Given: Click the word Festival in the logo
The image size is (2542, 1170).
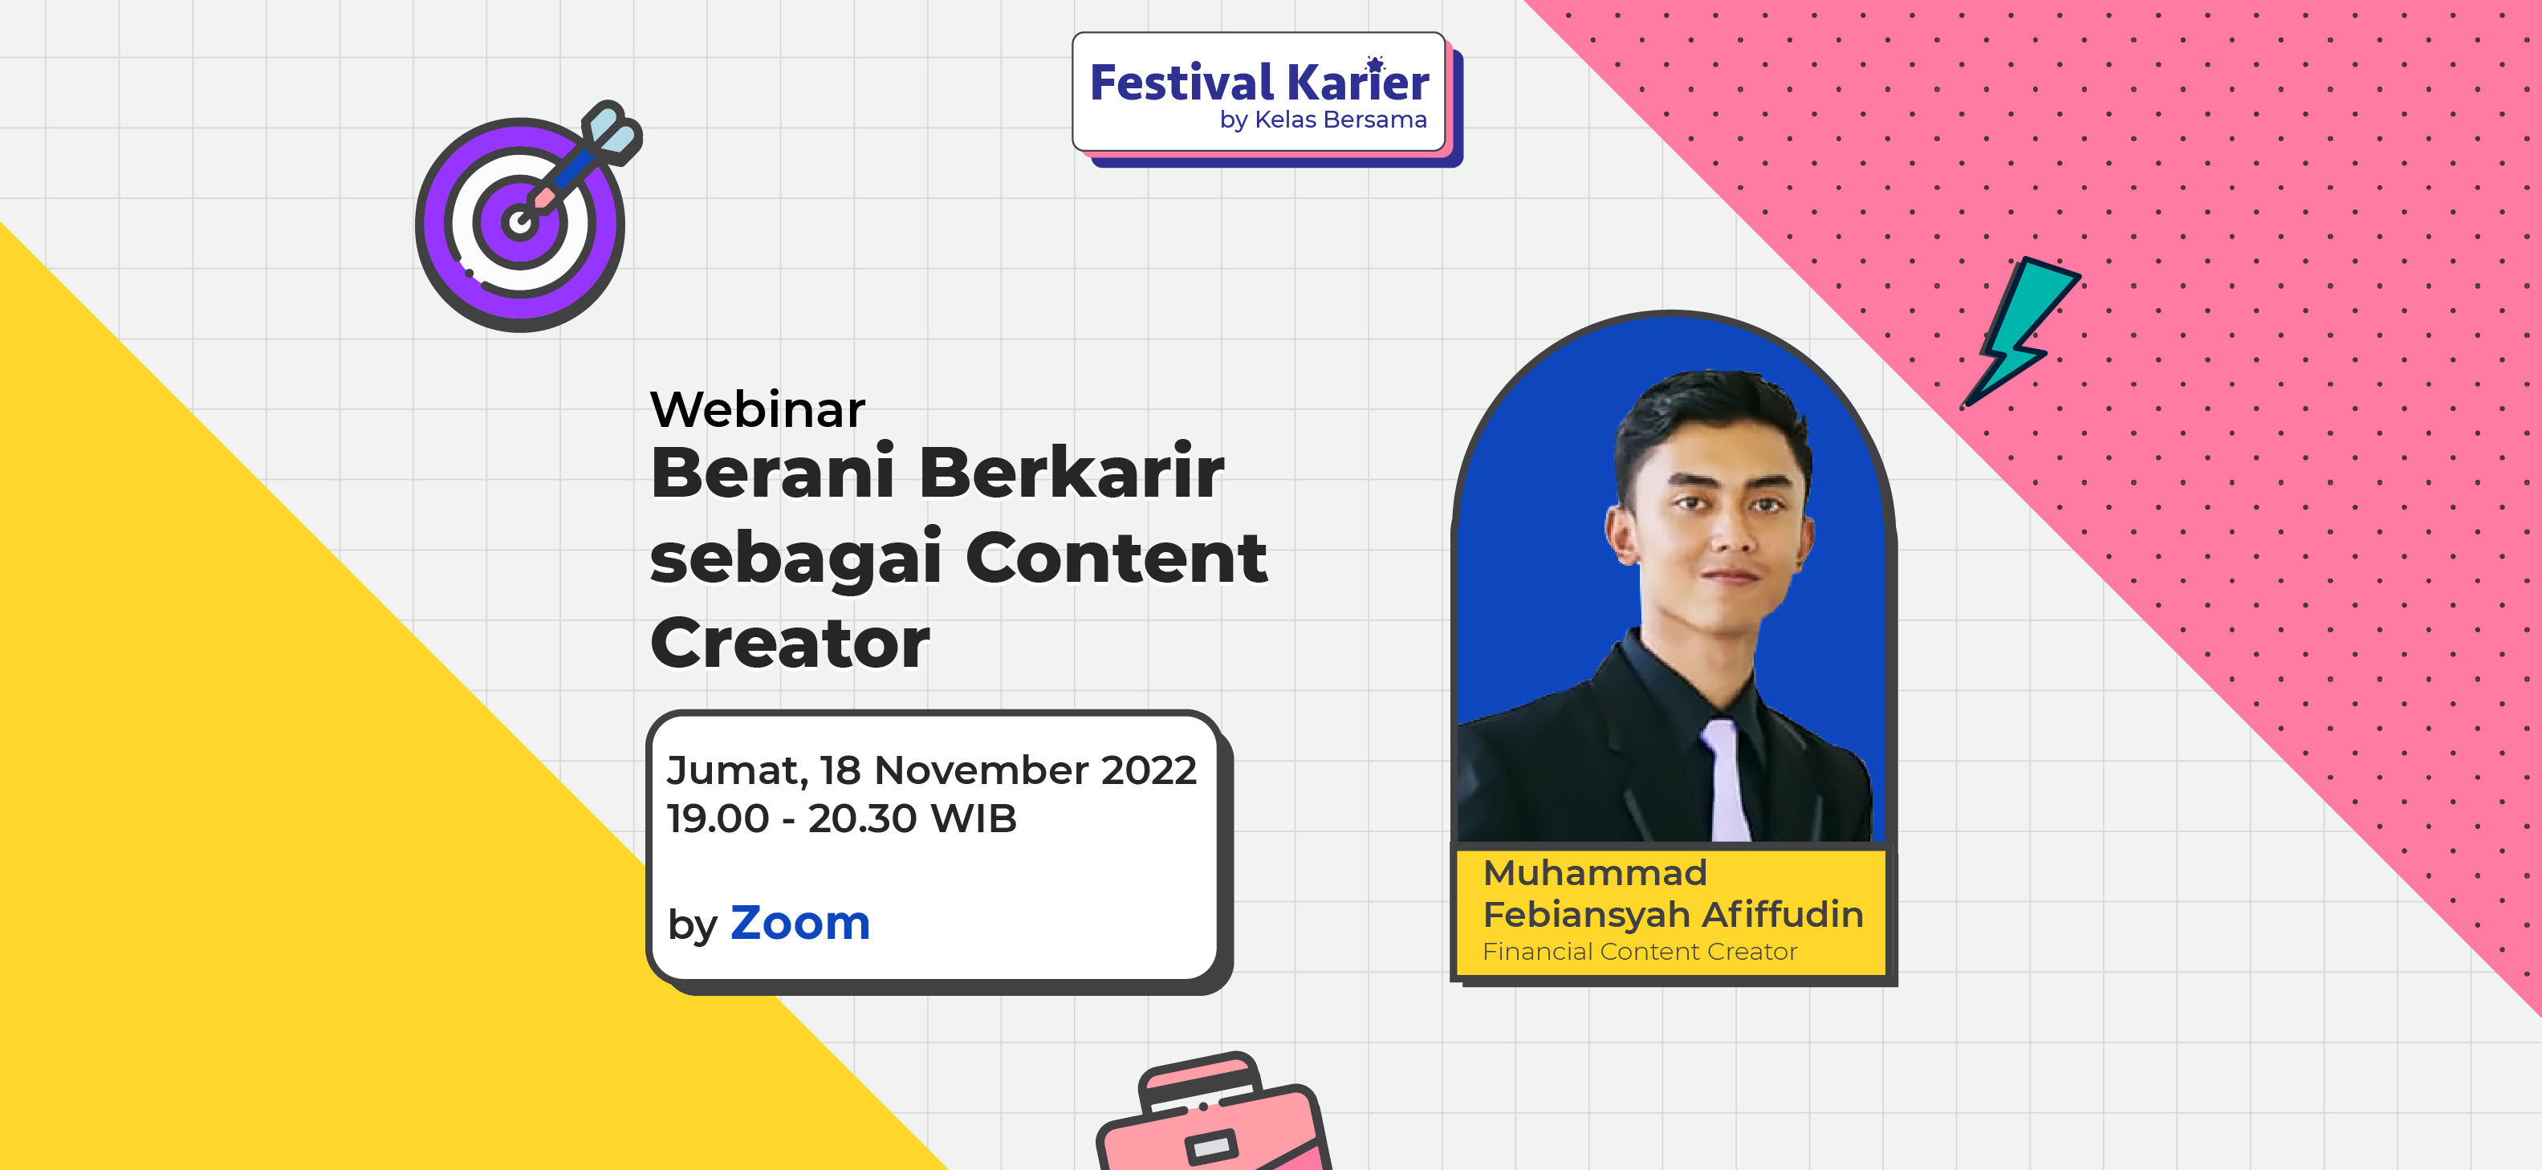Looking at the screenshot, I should (x=1182, y=83).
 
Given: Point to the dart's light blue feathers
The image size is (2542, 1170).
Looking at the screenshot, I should (x=612, y=132).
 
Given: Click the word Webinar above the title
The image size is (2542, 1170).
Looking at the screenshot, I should (x=757, y=409).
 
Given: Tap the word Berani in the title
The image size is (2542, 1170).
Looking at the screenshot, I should (x=773, y=473).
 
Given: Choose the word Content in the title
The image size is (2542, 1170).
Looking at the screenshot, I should (x=1116, y=558).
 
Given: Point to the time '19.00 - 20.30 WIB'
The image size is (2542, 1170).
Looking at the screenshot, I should (x=840, y=819).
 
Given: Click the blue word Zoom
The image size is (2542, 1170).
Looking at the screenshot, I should (x=800, y=924).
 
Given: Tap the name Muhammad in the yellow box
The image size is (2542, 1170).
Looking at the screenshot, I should (x=1595, y=873).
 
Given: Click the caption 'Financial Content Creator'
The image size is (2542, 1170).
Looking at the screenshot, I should (x=1640, y=952).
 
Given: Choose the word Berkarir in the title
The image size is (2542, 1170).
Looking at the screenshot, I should (x=1072, y=473).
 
